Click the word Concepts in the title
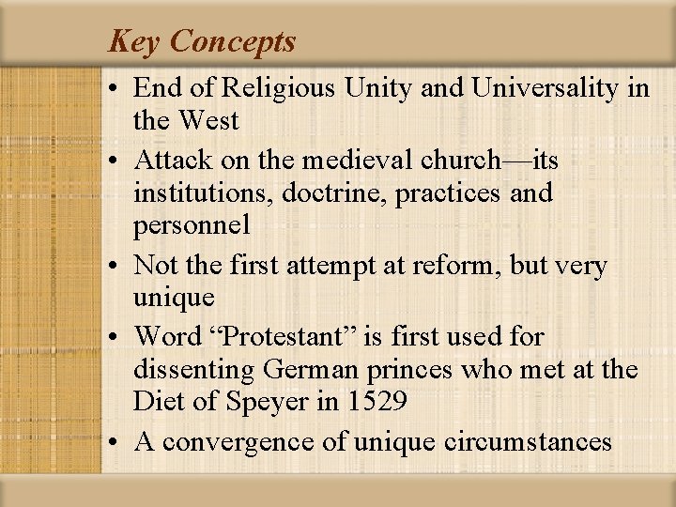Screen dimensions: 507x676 point(233,42)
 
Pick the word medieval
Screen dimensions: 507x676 point(346,161)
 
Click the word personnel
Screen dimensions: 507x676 point(192,226)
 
